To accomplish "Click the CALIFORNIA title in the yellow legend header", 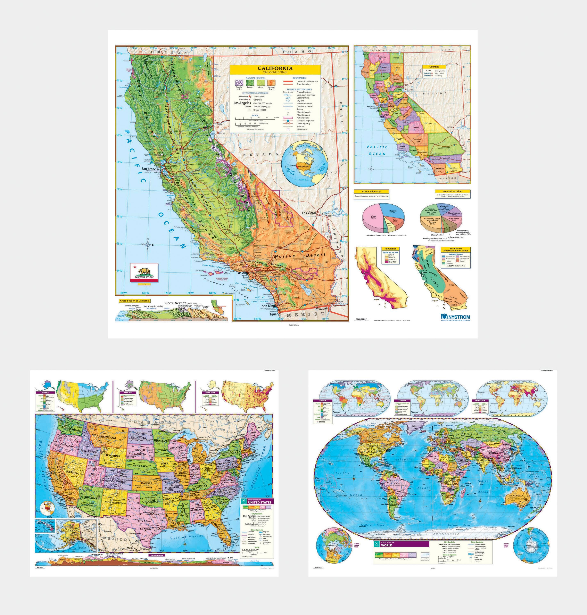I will pyautogui.click(x=275, y=68).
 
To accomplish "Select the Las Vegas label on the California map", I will pyautogui.click(x=309, y=213).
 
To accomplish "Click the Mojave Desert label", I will pyautogui.click(x=300, y=256).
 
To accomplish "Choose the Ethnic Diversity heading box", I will pyautogui.click(x=371, y=191).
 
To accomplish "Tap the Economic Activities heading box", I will pyautogui.click(x=453, y=191).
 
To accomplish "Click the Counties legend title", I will pyautogui.click(x=434, y=67).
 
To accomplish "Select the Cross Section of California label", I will pyautogui.click(x=134, y=301).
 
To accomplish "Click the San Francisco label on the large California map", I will pyautogui.click(x=151, y=169).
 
